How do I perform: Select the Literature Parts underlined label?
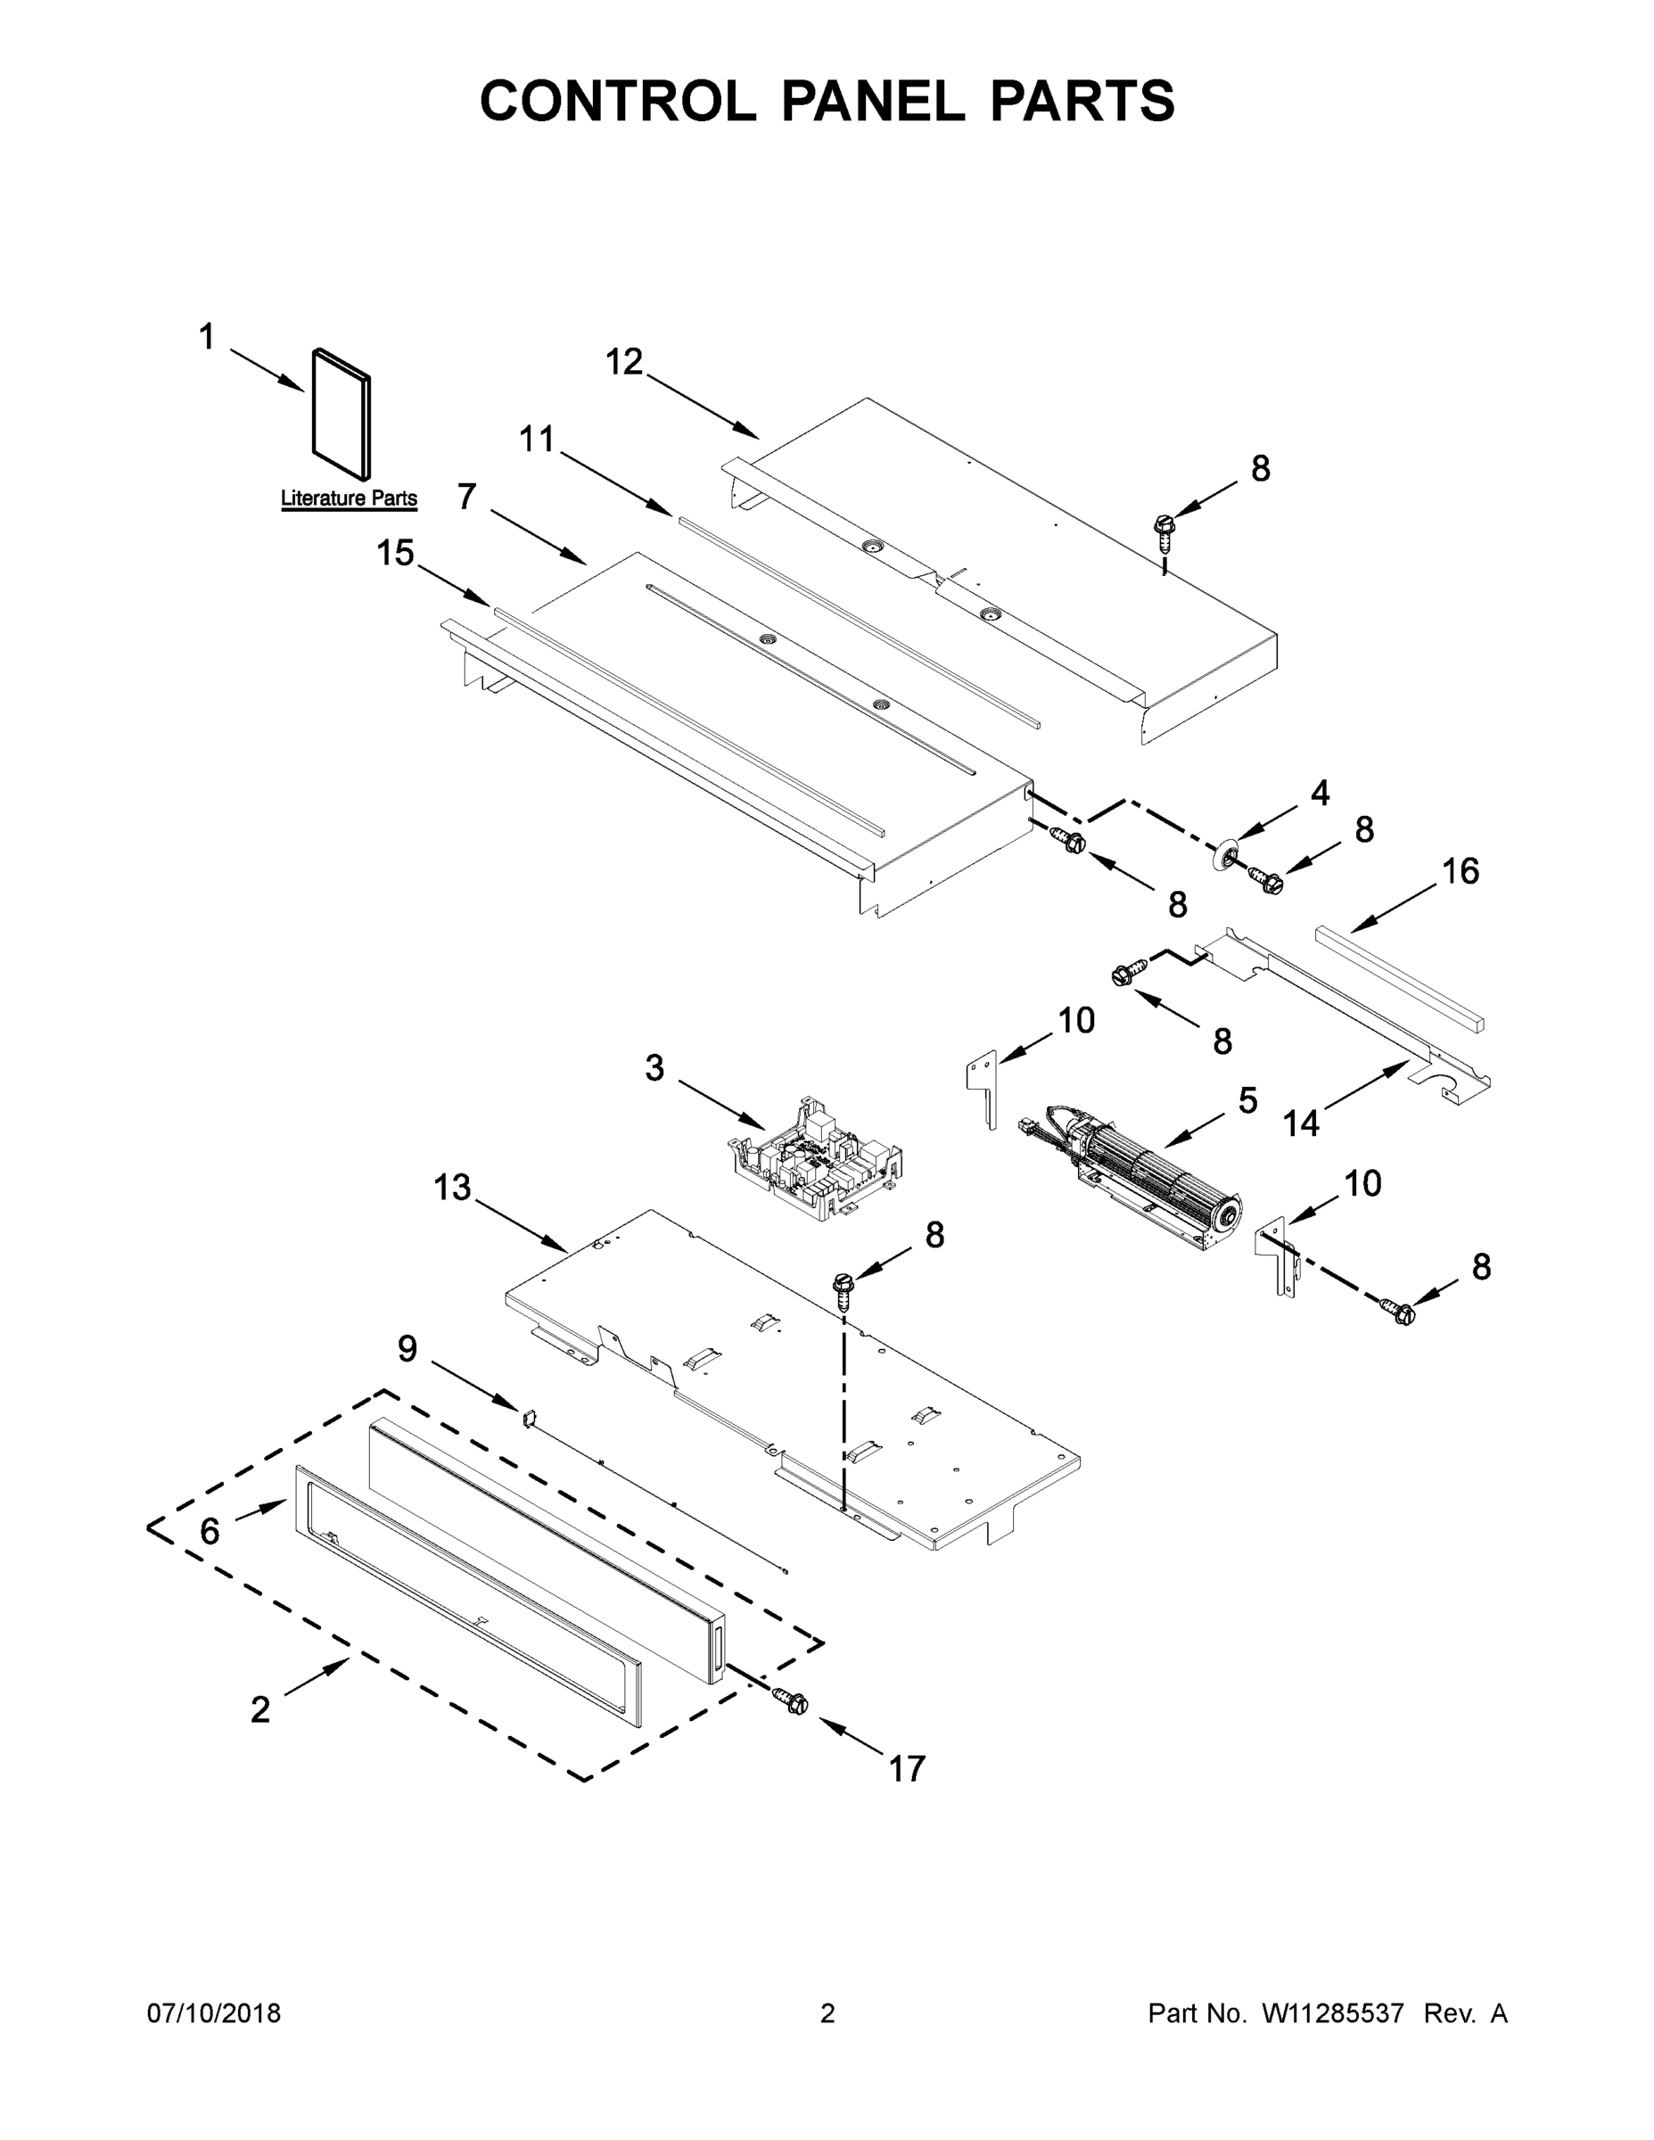click(349, 498)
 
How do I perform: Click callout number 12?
click(624, 363)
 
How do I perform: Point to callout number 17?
click(907, 1770)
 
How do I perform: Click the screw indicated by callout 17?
click(791, 1702)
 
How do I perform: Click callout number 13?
click(453, 1189)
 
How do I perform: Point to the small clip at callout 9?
click(529, 1416)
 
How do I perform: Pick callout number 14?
click(1301, 1123)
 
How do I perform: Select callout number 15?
click(396, 554)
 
